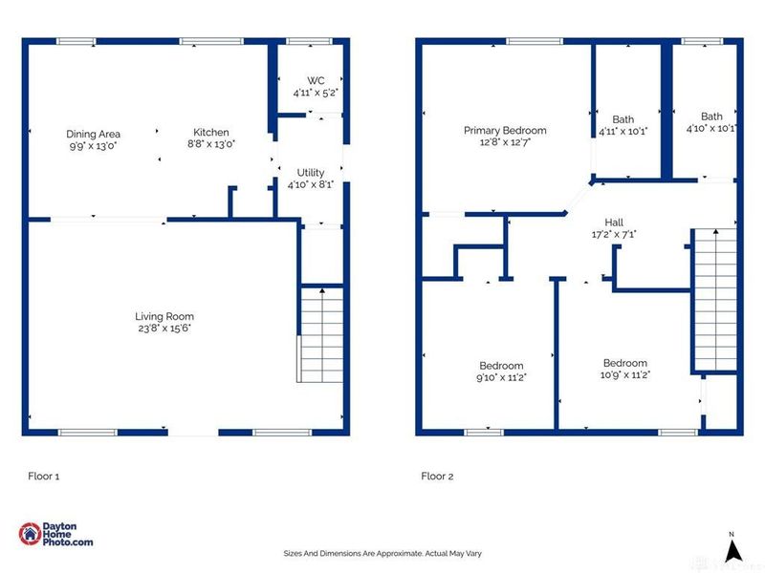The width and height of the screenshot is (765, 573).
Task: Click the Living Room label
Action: (x=164, y=317)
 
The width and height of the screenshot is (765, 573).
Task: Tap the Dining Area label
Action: (x=93, y=134)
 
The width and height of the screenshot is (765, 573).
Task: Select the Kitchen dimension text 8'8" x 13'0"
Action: (x=211, y=144)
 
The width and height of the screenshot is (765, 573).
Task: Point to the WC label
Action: (x=316, y=81)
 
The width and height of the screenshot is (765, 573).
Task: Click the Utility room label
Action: (x=311, y=173)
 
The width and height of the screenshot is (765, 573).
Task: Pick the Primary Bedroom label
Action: (x=505, y=131)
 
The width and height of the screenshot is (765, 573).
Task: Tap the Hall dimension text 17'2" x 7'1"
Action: (x=614, y=234)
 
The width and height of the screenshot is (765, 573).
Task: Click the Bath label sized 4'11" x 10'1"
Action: (x=623, y=119)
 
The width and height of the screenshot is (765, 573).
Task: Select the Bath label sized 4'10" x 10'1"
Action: (x=711, y=117)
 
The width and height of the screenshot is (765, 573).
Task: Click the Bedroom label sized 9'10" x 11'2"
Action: (x=501, y=366)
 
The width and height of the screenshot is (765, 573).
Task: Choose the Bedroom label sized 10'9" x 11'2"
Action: (x=625, y=363)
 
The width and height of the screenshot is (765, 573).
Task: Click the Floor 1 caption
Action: (x=44, y=477)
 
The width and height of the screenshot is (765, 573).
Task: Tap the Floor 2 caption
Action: (x=437, y=477)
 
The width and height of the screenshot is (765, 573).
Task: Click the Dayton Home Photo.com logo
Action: (x=55, y=534)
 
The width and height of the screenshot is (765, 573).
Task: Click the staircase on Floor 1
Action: (x=322, y=335)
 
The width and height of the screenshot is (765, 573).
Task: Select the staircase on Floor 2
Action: (x=715, y=300)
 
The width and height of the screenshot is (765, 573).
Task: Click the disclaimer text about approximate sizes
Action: (x=382, y=554)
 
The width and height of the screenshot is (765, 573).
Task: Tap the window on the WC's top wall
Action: (x=309, y=41)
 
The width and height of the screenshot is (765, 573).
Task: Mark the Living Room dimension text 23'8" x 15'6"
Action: (x=164, y=329)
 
